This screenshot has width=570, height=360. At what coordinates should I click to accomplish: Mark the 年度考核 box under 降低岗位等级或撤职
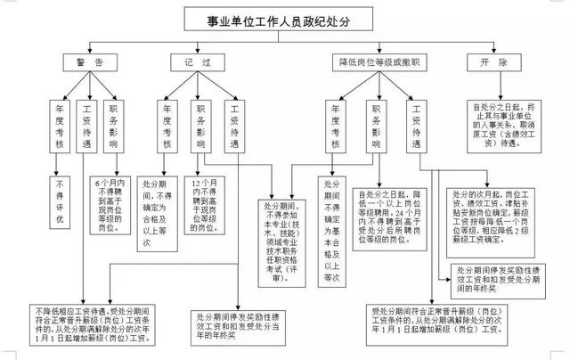click(x=334, y=125)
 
